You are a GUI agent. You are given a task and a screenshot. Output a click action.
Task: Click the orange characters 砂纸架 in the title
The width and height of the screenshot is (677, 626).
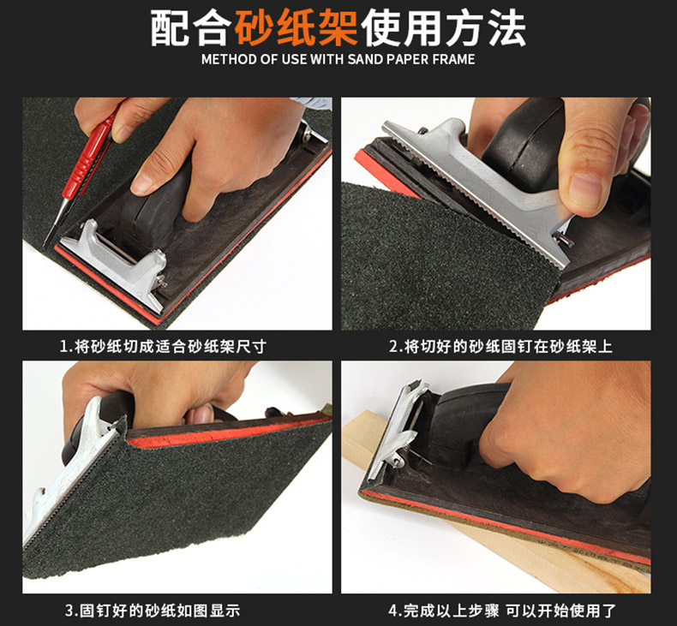296,28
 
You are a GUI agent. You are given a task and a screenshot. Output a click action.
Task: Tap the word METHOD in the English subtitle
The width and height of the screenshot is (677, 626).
230,59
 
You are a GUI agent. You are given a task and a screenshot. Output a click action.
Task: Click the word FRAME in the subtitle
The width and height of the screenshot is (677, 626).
453,59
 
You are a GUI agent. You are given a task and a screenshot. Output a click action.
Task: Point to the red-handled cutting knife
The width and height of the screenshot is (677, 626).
82,173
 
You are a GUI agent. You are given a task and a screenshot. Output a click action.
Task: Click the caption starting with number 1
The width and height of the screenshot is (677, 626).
163,346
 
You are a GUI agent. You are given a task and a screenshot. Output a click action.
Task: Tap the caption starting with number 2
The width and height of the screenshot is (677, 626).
500,346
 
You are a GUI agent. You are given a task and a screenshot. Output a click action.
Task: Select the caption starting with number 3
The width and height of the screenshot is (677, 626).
153,611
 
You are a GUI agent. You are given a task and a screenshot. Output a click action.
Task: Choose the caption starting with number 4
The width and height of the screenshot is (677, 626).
502,611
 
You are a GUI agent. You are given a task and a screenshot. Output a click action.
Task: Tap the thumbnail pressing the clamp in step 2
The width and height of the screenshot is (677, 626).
585,190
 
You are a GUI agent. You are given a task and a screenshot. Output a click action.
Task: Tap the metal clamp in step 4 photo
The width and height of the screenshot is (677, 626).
398,432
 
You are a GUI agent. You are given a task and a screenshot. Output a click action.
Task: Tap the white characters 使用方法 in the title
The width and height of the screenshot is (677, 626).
443,28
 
